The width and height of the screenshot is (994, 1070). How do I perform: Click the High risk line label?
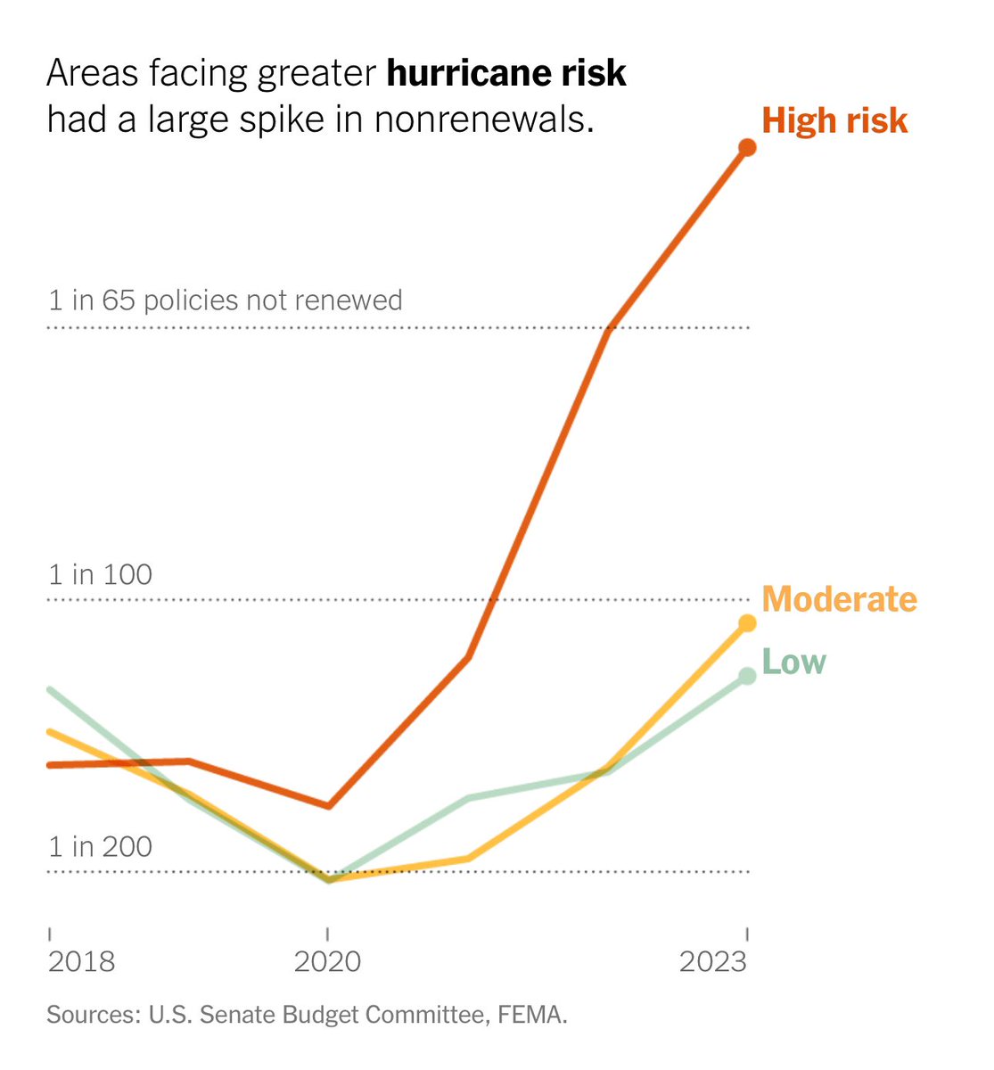click(x=834, y=121)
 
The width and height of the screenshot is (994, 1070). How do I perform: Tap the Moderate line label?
click(x=839, y=599)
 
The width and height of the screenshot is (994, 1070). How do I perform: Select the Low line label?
click(x=793, y=663)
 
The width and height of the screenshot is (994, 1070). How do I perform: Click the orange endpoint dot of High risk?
click(x=748, y=147)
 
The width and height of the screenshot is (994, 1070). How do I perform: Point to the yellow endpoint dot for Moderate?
click(x=748, y=623)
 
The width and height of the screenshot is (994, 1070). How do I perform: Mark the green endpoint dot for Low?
click(x=748, y=676)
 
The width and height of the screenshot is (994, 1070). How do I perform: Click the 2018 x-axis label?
click(x=81, y=961)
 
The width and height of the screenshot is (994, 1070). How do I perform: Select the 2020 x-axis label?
click(x=327, y=961)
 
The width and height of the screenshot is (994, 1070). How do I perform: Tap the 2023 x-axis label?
click(x=712, y=961)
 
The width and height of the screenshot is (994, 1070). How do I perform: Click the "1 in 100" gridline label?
click(x=100, y=575)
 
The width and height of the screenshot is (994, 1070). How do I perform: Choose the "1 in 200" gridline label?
click(x=100, y=847)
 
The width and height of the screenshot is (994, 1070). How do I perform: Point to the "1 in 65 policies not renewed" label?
click(x=225, y=300)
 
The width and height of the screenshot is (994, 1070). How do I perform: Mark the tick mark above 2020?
click(x=328, y=934)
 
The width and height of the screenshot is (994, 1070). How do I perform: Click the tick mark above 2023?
click(x=747, y=934)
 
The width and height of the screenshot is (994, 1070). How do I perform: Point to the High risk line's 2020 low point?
click(x=328, y=805)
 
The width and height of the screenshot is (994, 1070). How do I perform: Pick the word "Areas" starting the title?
click(x=92, y=74)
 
